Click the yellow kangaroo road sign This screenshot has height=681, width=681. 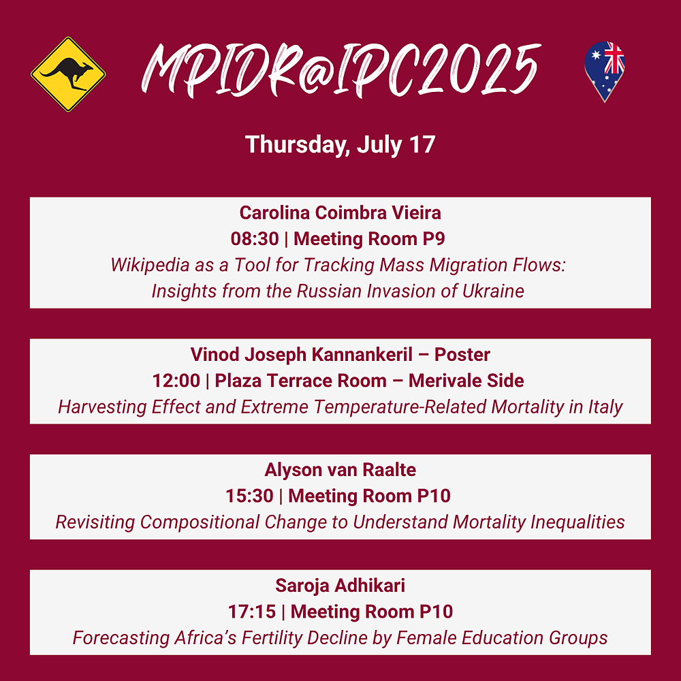click(x=68, y=74)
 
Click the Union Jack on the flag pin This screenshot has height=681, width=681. click(x=614, y=57)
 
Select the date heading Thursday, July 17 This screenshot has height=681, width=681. click(x=340, y=144)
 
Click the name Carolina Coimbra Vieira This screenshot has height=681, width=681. click(x=340, y=212)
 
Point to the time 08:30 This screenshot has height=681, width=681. click(x=255, y=239)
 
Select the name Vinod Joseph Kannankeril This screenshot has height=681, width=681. click(x=302, y=355)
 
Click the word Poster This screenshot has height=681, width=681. click(x=462, y=355)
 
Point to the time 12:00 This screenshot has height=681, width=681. click(x=176, y=381)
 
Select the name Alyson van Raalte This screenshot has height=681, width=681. click(x=340, y=470)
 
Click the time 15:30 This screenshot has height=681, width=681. click(x=249, y=496)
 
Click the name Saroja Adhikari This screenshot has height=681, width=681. click(x=340, y=586)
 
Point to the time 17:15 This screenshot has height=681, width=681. click(x=252, y=612)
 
